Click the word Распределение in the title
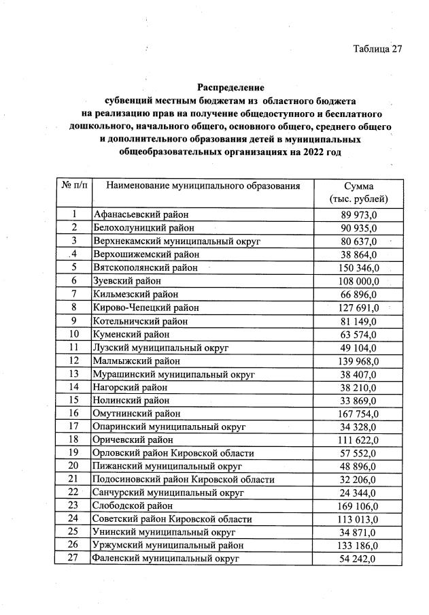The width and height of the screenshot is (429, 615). (230, 87)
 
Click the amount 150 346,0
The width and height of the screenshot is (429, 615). (358, 267)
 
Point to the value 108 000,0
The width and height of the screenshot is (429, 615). (358, 281)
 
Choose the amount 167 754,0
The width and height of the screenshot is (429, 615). (358, 414)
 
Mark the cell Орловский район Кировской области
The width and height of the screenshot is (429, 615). (173, 453)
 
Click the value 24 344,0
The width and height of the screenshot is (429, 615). (358, 493)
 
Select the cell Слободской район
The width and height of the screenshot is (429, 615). (133, 506)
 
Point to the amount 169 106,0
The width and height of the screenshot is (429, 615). (358, 506)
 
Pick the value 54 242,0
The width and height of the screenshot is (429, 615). (358, 559)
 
